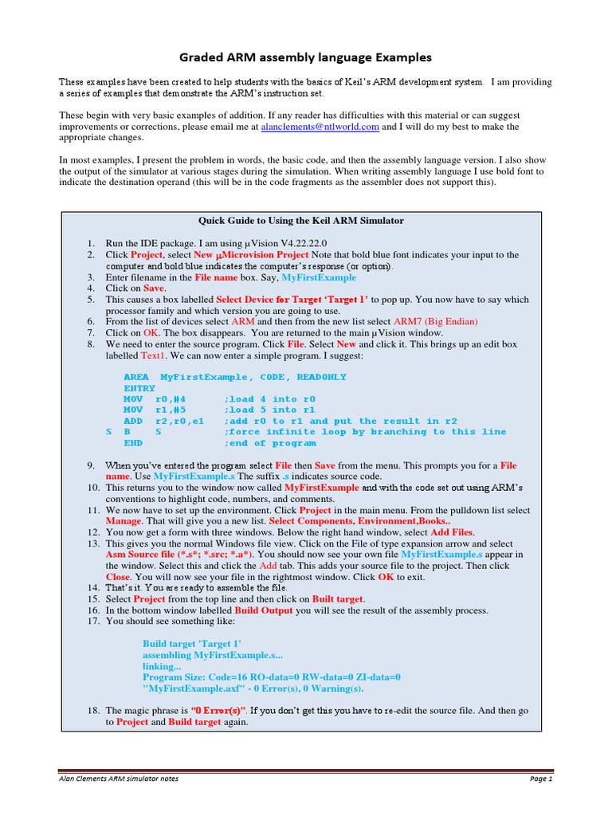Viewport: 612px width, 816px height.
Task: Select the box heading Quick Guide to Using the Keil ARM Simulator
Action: click(x=300, y=221)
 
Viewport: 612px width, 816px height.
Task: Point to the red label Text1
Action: click(x=155, y=355)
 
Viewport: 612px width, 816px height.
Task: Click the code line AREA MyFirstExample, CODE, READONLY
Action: click(x=235, y=377)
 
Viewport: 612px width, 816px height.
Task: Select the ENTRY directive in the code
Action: click(x=139, y=388)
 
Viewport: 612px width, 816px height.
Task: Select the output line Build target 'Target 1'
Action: click(x=192, y=643)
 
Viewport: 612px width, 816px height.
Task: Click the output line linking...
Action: click(x=162, y=665)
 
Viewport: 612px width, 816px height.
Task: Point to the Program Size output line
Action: click(x=271, y=677)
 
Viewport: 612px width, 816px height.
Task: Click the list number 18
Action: click(x=91, y=710)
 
